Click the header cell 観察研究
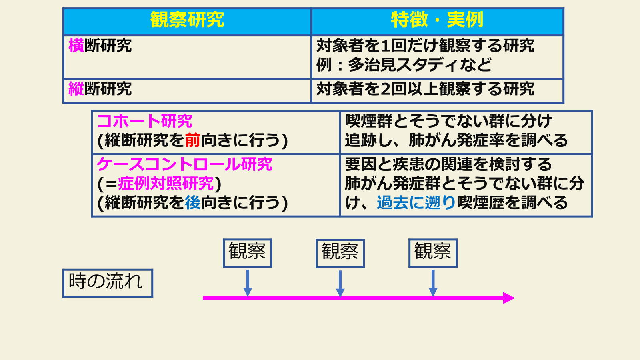click(x=187, y=20)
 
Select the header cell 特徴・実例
click(x=437, y=20)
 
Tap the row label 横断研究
click(x=100, y=46)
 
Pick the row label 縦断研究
click(x=100, y=89)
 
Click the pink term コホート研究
click(x=145, y=121)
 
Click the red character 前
click(x=192, y=140)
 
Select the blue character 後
click(x=192, y=203)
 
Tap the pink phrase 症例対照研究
click(x=166, y=184)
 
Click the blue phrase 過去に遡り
click(x=416, y=203)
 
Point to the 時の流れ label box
click(x=108, y=283)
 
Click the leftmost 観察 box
click(x=248, y=253)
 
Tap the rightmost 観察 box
click(x=433, y=253)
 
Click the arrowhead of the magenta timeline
click(x=509, y=298)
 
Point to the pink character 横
click(x=76, y=46)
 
